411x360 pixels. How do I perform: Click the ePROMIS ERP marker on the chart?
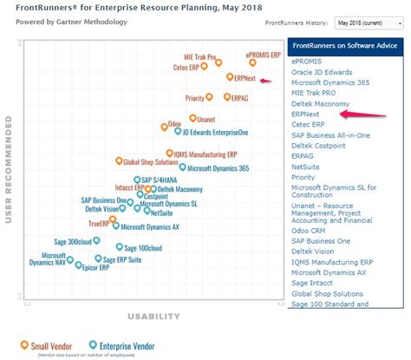[252, 62]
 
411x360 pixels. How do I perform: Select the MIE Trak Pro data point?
[218, 62]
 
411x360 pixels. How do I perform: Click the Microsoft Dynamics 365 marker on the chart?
[182, 167]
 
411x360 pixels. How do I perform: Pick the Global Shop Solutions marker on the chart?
[119, 160]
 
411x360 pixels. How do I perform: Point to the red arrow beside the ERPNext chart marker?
[267, 81]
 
